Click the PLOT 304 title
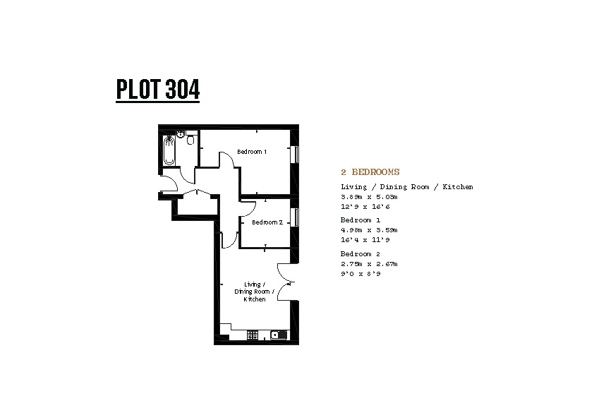(157, 90)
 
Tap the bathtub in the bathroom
(169, 151)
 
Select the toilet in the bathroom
(191, 140)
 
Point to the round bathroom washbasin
(181, 134)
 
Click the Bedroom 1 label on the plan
(252, 152)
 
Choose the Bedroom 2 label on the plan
(267, 222)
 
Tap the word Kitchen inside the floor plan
(255, 299)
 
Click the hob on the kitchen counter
(253, 335)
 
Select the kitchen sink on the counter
(279, 335)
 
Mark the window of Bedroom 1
(295, 155)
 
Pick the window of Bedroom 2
(295, 217)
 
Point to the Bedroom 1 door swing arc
(228, 159)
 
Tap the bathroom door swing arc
(186, 176)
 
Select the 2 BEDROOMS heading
(370, 172)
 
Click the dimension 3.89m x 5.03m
(369, 197)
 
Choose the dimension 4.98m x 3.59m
(369, 229)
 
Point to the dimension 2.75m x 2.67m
(369, 264)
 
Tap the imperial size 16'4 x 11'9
(365, 239)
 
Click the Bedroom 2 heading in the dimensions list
(360, 254)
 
